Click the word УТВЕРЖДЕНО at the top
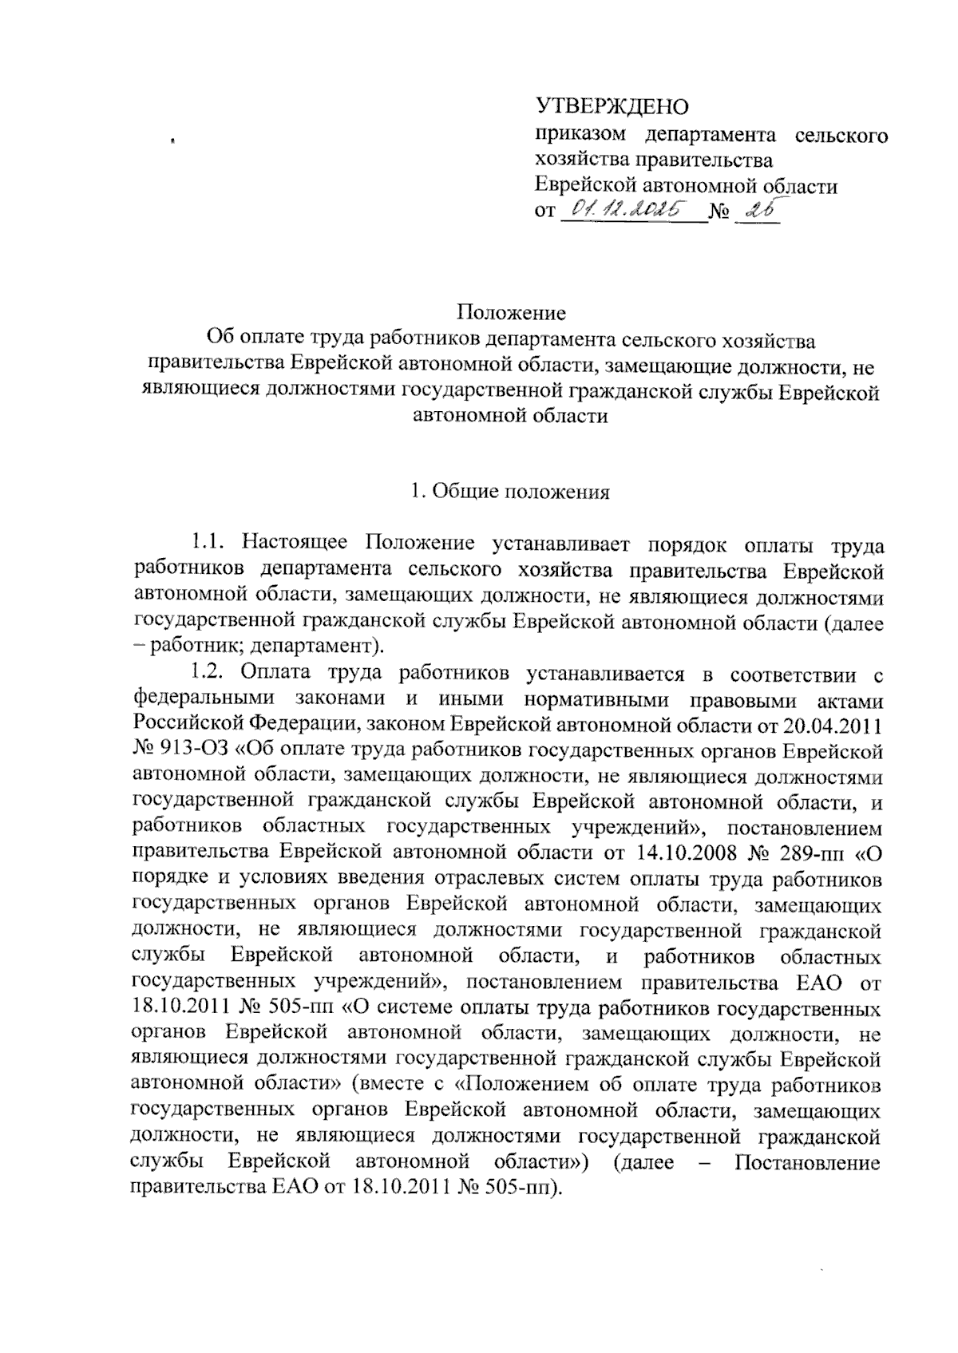[x=611, y=106]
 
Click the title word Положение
[x=511, y=311]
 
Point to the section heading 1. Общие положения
[x=510, y=493]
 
